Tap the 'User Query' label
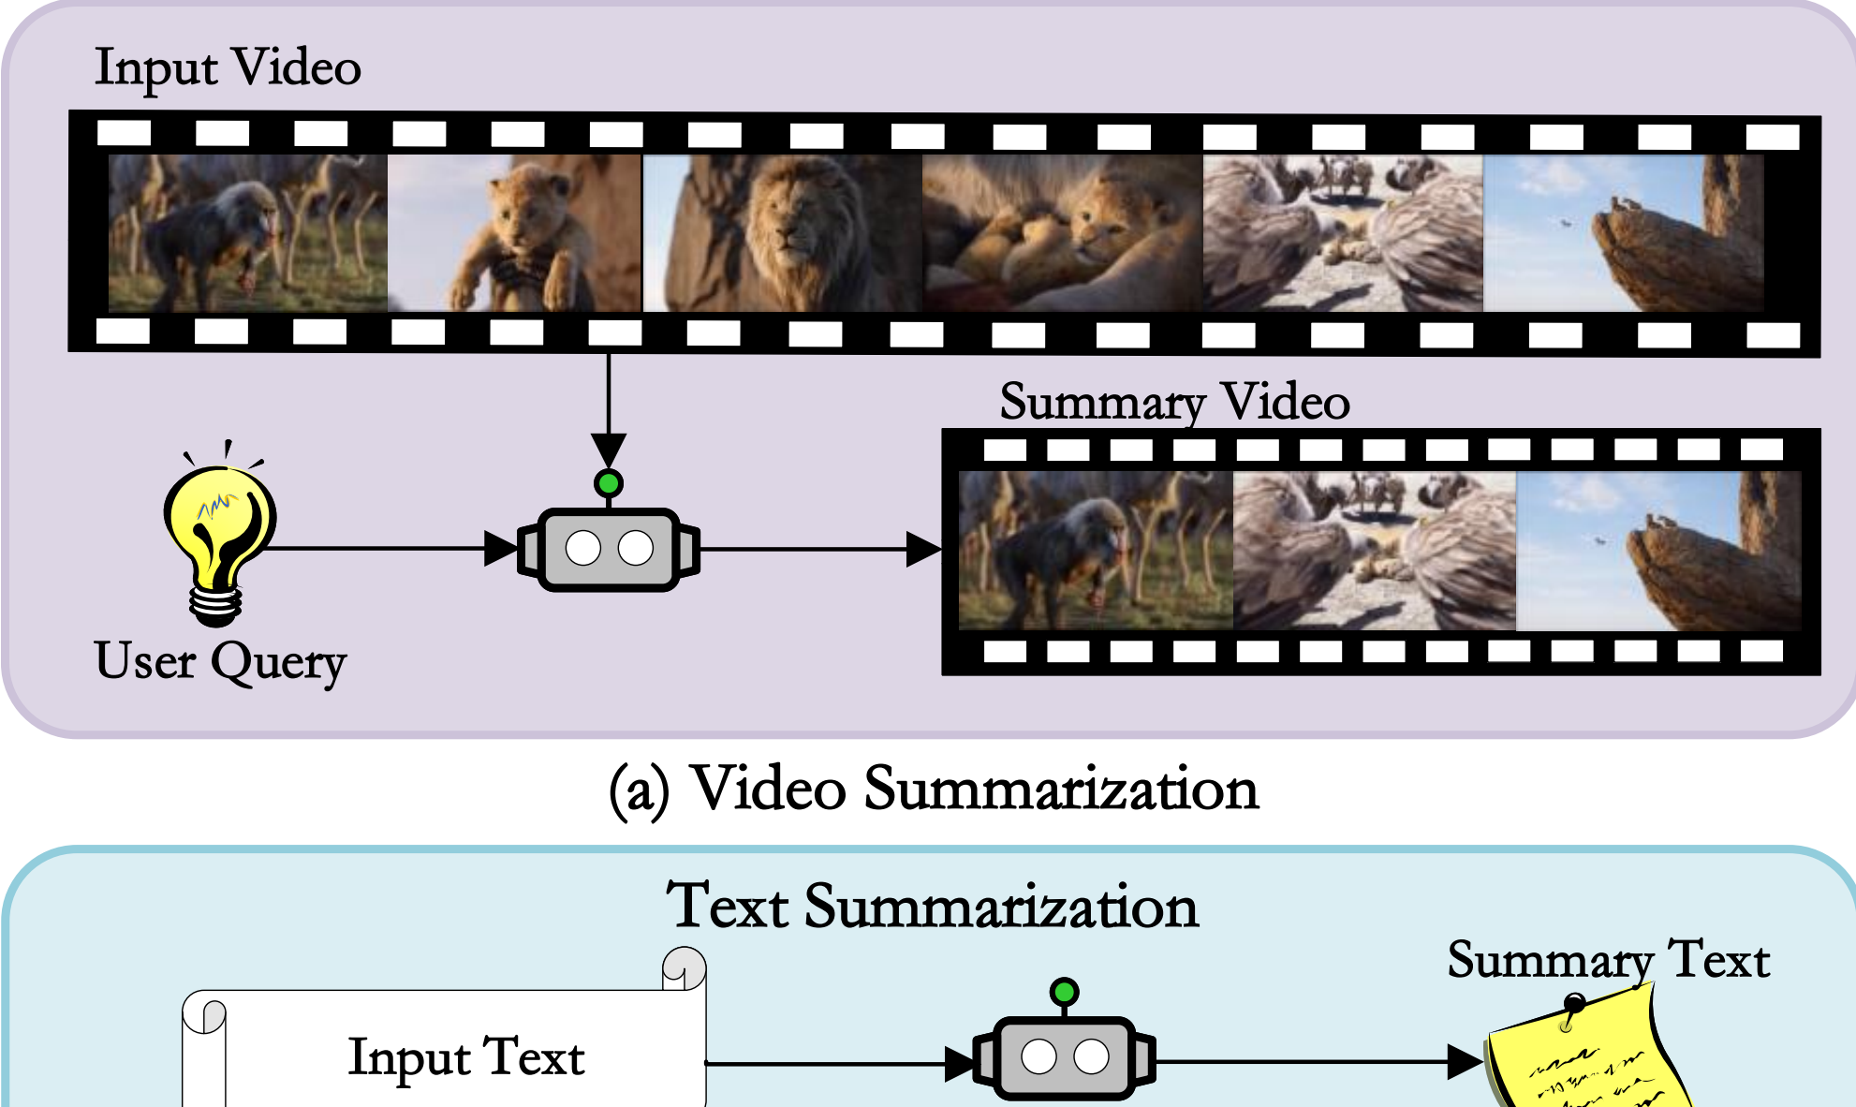[x=220, y=662]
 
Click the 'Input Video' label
[x=228, y=68]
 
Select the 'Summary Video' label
[x=1174, y=403]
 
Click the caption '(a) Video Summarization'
[x=934, y=790]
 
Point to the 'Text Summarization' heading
[x=932, y=908]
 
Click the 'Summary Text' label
[x=1608, y=961]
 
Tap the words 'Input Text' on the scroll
[x=466, y=1058]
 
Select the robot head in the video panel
[x=609, y=549]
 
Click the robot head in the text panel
[x=1064, y=1058]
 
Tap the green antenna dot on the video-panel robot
[x=609, y=483]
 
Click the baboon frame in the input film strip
[x=247, y=233]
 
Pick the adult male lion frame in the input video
[x=782, y=233]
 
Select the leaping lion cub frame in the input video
[x=514, y=233]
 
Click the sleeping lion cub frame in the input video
[x=1062, y=233]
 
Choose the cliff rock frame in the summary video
[x=1657, y=552]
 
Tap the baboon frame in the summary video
[x=1096, y=552]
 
